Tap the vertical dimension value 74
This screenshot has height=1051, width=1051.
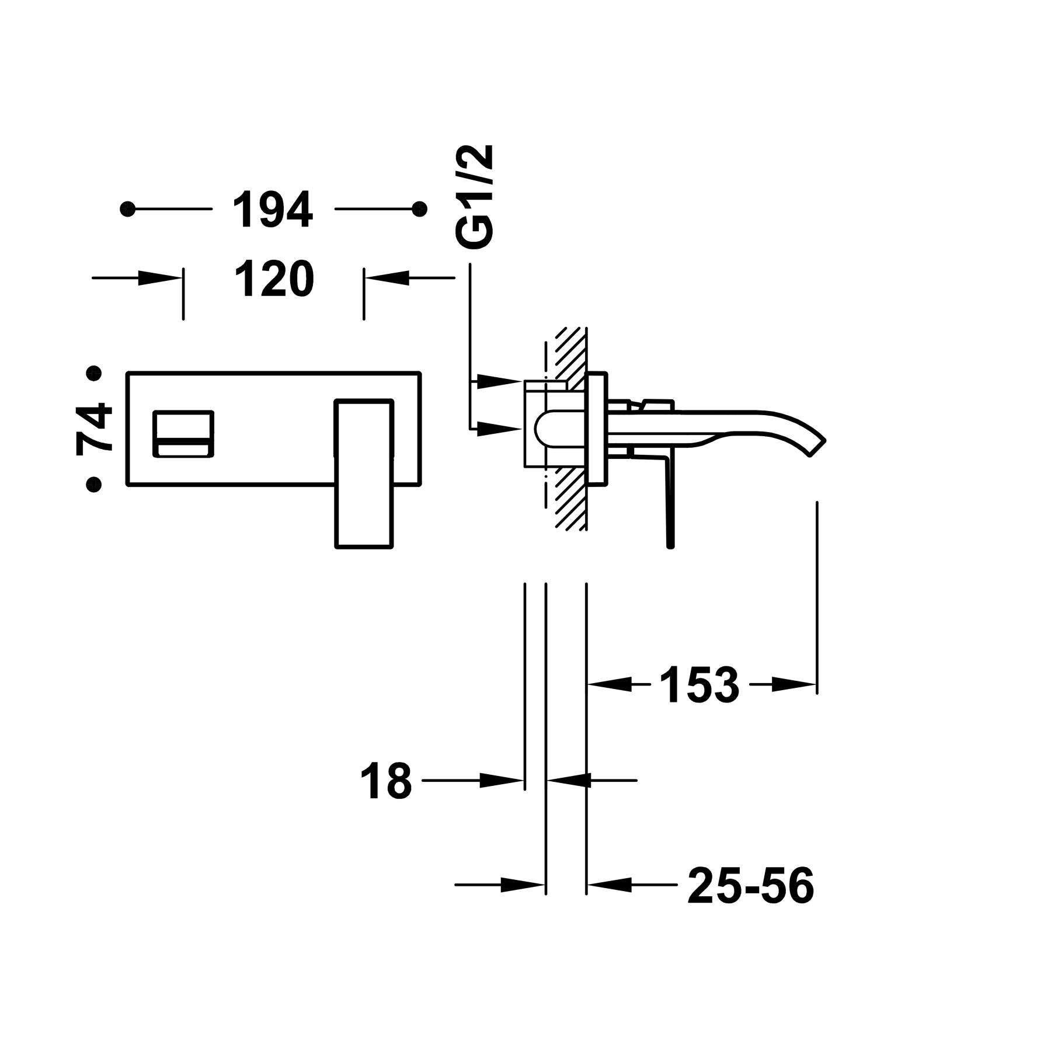pyautogui.click(x=95, y=427)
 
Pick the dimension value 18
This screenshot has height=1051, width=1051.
pyautogui.click(x=386, y=780)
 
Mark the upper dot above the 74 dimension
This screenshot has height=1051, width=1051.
pyautogui.click(x=93, y=373)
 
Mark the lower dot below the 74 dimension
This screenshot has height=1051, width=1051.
pyautogui.click(x=93, y=484)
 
